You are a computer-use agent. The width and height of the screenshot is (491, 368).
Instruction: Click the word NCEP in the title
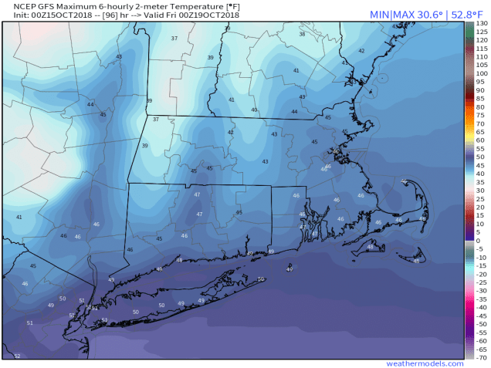tap(16, 6)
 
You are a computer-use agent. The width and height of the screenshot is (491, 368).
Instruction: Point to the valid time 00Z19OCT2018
tap(209, 15)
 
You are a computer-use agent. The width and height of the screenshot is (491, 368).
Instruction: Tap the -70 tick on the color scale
tap(479, 358)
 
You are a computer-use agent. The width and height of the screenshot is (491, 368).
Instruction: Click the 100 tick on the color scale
tap(479, 74)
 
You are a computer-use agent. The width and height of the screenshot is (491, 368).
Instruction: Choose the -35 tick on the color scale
tap(479, 299)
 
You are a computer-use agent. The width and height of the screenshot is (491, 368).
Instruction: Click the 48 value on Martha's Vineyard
tap(370, 248)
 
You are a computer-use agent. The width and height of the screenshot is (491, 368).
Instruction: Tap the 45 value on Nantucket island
tap(416, 261)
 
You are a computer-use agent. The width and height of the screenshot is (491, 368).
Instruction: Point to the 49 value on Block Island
tap(290, 269)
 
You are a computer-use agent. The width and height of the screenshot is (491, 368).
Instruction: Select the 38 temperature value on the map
tap(302, 34)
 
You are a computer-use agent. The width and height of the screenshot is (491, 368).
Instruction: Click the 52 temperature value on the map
tap(17, 356)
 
